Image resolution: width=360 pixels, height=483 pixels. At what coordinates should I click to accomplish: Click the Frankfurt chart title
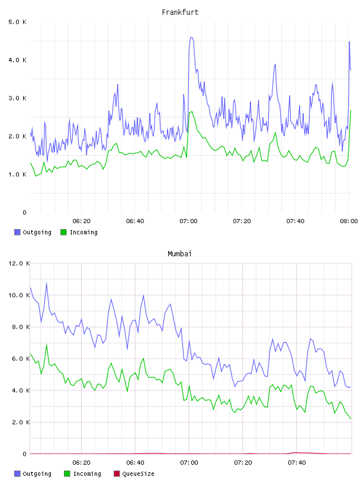tap(180, 12)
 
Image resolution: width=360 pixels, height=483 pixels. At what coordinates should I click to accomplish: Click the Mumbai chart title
tap(179, 254)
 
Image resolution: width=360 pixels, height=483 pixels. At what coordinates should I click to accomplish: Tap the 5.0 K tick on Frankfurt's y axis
tap(18, 22)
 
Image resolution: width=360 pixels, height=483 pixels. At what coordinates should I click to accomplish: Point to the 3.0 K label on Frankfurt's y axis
tap(18, 98)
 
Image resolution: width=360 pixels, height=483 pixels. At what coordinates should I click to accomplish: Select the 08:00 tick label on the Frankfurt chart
tap(349, 221)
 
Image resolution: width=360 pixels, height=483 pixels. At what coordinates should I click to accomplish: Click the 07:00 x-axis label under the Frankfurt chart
tap(188, 221)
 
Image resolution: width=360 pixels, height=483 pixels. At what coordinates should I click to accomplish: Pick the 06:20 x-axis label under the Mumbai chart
tap(81, 463)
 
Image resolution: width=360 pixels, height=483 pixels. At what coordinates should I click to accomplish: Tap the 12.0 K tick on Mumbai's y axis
tap(19, 263)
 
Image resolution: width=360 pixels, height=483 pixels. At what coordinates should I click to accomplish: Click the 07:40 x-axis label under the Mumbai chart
tap(297, 463)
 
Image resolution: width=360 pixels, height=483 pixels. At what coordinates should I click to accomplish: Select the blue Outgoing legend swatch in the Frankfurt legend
tap(17, 232)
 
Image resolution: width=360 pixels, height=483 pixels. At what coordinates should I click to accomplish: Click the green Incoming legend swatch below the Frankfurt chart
tap(63, 232)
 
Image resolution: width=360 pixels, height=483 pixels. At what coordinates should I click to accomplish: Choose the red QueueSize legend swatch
tap(117, 474)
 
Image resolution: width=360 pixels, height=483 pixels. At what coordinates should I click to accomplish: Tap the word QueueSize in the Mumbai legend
tap(138, 474)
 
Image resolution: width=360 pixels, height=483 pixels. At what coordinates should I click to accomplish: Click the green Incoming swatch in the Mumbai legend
tap(67, 474)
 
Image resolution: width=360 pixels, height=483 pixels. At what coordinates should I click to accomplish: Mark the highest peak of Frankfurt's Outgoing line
tap(191, 37)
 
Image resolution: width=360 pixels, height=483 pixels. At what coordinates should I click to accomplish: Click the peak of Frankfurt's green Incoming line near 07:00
tap(192, 111)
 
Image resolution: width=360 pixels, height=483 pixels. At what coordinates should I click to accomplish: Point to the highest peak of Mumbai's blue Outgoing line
tap(47, 282)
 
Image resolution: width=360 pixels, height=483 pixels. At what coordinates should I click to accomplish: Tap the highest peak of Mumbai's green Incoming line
tap(47, 344)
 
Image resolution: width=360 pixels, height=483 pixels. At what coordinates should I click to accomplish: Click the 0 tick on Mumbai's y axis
tap(25, 454)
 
